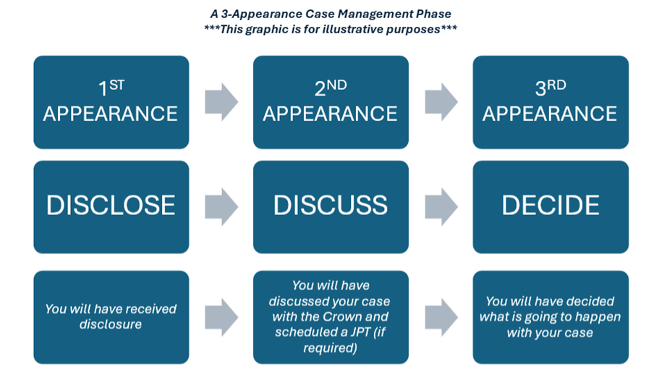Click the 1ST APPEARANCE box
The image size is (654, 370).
[111, 102]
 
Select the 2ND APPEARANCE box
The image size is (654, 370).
[331, 102]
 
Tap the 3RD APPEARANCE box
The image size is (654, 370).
[551, 102]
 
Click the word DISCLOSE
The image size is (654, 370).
[111, 205]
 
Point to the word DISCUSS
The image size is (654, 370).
[331, 205]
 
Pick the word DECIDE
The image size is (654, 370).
[551, 205]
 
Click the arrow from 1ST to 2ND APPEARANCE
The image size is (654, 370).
[221, 102]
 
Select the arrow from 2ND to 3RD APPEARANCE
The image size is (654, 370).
[441, 102]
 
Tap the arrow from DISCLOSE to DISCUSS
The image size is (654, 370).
[221, 206]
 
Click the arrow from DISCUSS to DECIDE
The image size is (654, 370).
[441, 206]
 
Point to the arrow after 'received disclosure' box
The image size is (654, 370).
[221, 317]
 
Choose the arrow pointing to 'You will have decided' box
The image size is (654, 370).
[441, 317]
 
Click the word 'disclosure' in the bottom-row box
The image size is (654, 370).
[111, 324]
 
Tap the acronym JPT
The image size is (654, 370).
[360, 332]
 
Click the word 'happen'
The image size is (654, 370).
[598, 317]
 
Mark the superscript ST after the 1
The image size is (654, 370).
[116, 85]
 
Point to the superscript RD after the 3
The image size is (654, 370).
[556, 85]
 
